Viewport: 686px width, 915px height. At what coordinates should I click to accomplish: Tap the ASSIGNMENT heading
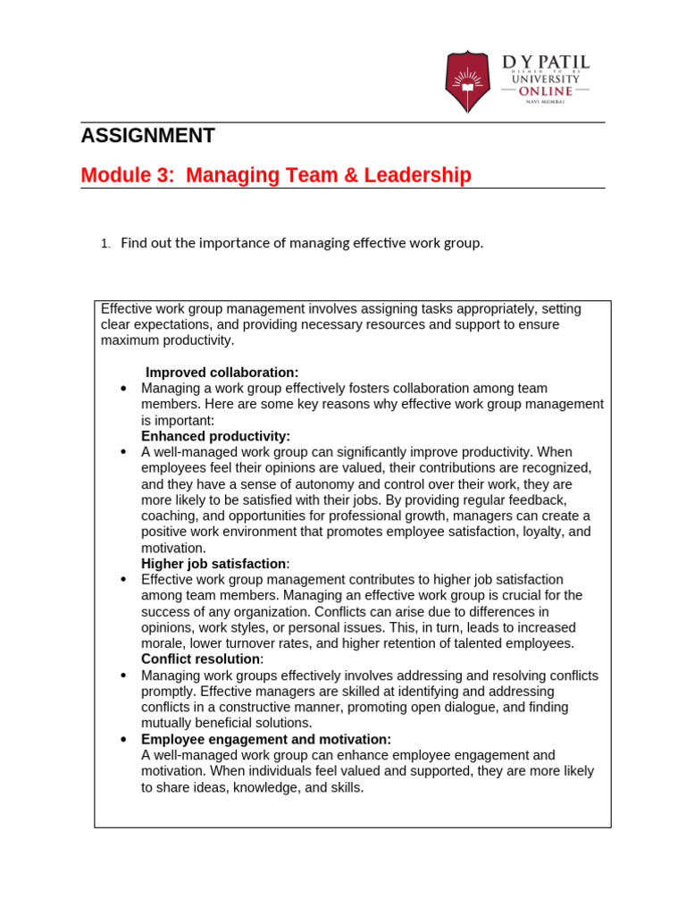[147, 136]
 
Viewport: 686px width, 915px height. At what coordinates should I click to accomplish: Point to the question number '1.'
[105, 244]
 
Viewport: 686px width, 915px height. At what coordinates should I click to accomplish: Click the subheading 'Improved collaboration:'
[222, 373]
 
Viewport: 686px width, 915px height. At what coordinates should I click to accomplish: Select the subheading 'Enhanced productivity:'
[215, 437]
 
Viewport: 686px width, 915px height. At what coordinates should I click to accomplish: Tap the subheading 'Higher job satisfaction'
[213, 564]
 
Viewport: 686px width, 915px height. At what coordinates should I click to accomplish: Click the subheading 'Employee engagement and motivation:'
[266, 740]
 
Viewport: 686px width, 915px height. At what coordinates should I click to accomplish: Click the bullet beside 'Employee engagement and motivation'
[123, 740]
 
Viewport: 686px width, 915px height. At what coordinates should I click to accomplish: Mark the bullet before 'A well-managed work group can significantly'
[123, 453]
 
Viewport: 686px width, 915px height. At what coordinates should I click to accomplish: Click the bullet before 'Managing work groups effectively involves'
[123, 676]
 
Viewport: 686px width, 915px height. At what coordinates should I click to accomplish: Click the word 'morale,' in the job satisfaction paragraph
[166, 643]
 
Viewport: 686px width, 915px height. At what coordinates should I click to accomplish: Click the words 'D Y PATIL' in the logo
[545, 62]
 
